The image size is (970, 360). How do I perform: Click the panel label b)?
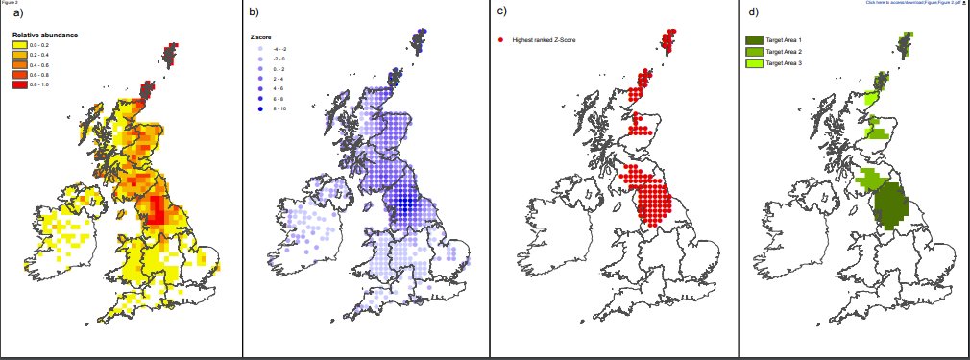(254, 13)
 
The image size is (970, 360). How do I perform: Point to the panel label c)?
(502, 13)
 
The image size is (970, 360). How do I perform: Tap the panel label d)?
(754, 13)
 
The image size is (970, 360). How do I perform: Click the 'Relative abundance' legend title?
(44, 36)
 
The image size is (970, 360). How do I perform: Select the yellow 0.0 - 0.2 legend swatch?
(19, 45)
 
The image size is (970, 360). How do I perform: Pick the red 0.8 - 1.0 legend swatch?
(19, 86)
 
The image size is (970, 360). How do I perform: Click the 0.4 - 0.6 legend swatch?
(19, 65)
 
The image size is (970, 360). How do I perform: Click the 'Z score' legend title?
(258, 36)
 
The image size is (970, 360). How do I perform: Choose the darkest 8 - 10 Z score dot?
(260, 108)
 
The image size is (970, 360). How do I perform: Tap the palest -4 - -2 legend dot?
(260, 47)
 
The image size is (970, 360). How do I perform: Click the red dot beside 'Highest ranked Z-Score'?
(501, 40)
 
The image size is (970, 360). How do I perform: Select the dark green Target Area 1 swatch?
(755, 40)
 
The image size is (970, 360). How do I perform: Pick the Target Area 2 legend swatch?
(755, 51)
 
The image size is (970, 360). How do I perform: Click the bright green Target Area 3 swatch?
(755, 61)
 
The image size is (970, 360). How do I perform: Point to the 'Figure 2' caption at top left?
(9, 3)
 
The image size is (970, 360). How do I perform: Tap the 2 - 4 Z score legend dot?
(260, 78)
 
